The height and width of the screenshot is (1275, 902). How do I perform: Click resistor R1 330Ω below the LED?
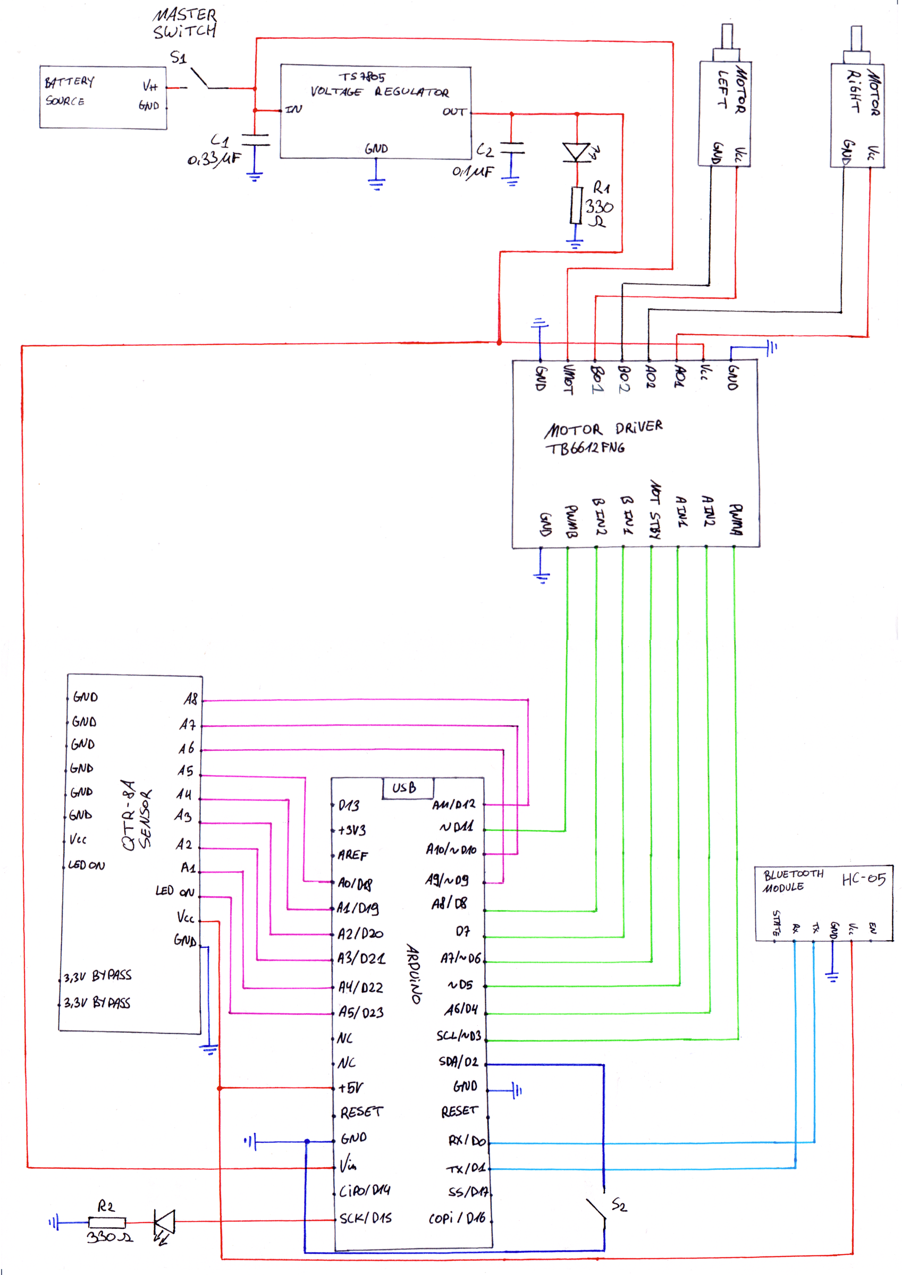pyautogui.click(x=576, y=205)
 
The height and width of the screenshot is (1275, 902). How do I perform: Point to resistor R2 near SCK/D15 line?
pyautogui.click(x=107, y=1222)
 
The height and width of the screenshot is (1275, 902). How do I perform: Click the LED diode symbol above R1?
pyautogui.click(x=576, y=151)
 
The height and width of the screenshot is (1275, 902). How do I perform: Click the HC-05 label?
pyautogui.click(x=863, y=879)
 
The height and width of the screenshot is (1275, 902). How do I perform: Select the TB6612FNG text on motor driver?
pyautogui.click(x=585, y=448)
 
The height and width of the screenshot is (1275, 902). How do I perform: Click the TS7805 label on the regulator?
pyautogui.click(x=362, y=76)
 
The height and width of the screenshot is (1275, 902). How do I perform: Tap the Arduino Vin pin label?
pyautogui.click(x=349, y=1164)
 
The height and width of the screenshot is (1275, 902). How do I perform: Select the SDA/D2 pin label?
pyautogui.click(x=458, y=1061)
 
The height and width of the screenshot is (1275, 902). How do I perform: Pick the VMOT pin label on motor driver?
pyautogui.click(x=568, y=379)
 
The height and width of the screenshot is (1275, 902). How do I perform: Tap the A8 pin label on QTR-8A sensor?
pyautogui.click(x=191, y=699)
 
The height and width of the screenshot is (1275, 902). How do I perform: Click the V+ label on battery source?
pyautogui.click(x=150, y=86)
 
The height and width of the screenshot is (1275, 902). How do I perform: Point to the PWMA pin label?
pyautogui.click(x=735, y=520)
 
